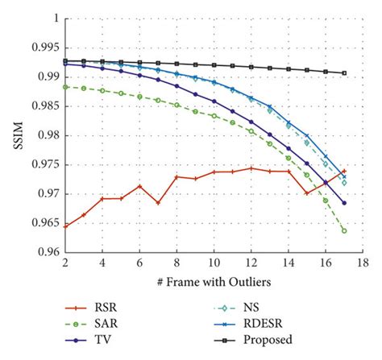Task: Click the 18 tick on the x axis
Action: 363,263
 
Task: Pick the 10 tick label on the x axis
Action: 214,263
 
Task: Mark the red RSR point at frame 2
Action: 64,226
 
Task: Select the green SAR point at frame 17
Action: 344,231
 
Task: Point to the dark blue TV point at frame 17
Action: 344,203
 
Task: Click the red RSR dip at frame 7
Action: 158,203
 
